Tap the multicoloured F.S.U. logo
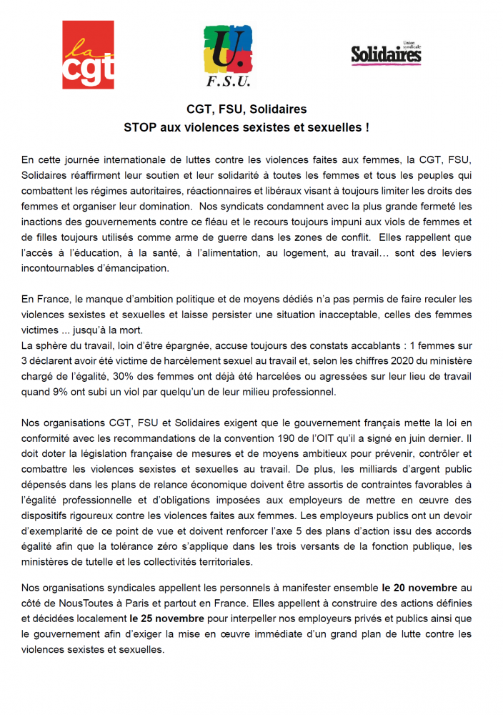coord(228,55)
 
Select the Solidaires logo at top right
coord(386,54)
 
